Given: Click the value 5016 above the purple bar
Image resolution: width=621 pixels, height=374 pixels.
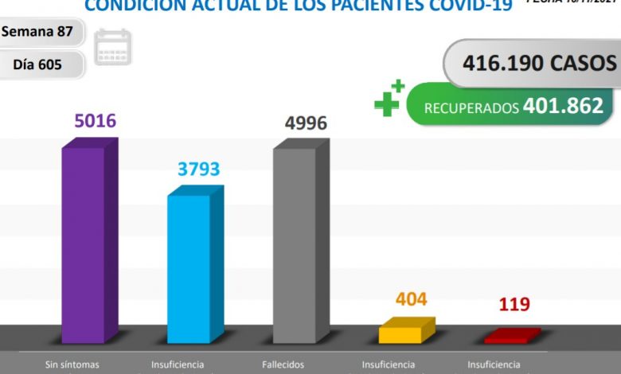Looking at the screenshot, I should coord(95,122).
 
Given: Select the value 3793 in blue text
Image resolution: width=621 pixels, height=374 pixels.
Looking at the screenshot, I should coord(198,169).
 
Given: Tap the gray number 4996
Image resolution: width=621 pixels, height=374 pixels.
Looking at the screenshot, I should coord(306,123).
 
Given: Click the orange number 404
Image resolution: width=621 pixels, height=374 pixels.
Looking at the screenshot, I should coord(411,299).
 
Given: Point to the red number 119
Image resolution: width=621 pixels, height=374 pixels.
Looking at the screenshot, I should coord(514,304).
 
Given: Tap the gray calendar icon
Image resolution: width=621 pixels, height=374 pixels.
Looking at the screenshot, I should coord(112,48).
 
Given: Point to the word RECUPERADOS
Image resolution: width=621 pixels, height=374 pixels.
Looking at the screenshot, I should coord(471,107).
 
